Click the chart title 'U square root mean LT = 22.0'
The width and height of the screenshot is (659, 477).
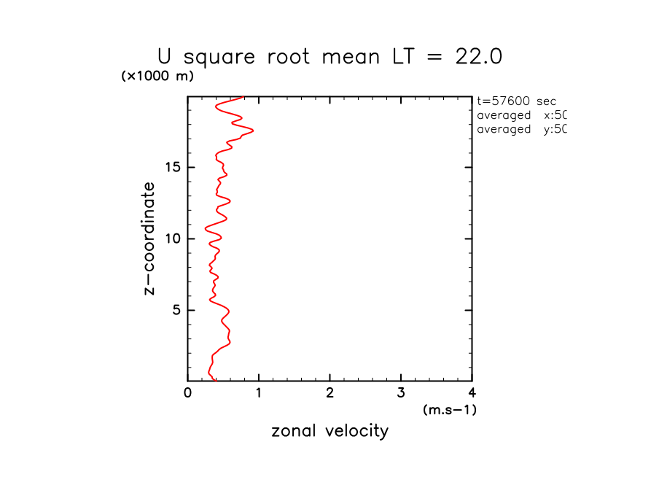tap(329, 57)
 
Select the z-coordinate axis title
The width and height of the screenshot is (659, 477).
tap(149, 238)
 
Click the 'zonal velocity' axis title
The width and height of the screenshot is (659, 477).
tap(329, 431)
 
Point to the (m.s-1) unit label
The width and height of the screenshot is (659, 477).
tap(449, 410)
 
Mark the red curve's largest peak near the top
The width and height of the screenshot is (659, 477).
tap(253, 131)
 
